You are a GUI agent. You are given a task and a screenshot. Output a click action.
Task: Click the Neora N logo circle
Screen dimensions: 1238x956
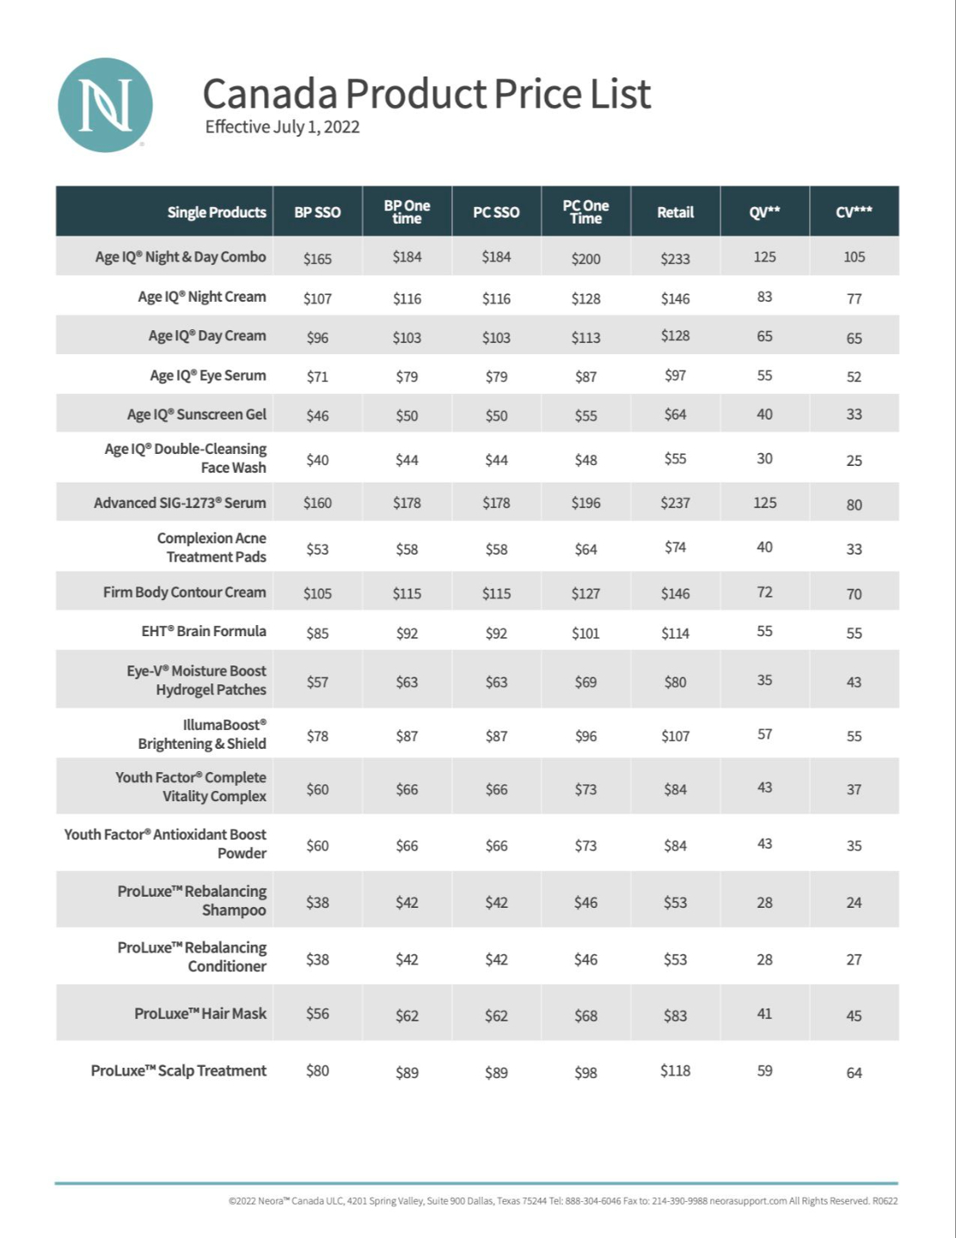(x=105, y=105)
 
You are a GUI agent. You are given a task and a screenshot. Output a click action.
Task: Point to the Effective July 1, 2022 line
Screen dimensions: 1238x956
(x=282, y=127)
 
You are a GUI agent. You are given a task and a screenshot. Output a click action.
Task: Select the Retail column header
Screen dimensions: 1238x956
(x=675, y=212)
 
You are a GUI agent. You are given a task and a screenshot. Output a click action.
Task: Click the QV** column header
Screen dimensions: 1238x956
(x=764, y=212)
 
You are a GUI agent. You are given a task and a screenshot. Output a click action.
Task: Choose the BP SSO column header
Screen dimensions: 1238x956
(x=317, y=212)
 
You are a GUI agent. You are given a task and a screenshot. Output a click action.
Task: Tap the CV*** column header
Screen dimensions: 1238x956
(x=854, y=212)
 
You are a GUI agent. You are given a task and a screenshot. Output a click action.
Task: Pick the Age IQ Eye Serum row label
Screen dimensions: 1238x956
(x=207, y=376)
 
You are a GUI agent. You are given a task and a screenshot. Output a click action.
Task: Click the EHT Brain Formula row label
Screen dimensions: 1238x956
(x=204, y=631)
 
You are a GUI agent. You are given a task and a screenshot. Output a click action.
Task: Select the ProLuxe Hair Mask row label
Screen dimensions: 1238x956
(x=199, y=1014)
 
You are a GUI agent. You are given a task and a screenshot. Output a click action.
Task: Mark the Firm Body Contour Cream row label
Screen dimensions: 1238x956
(x=184, y=592)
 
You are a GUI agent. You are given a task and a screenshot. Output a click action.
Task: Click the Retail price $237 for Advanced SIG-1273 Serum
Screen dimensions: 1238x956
(x=675, y=503)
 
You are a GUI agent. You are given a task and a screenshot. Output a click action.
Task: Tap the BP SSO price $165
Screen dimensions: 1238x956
(x=317, y=259)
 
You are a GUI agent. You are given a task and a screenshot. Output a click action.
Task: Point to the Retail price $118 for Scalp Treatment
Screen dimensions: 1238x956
(x=675, y=1070)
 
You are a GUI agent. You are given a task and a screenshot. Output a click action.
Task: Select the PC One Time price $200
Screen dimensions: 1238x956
(x=585, y=259)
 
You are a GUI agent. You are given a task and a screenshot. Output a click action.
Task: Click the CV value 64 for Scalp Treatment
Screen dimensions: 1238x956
(x=854, y=1073)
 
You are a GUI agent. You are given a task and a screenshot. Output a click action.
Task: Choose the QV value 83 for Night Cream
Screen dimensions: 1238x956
(x=764, y=297)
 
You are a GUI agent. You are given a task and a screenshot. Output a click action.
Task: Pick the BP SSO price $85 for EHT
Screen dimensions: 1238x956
(x=317, y=634)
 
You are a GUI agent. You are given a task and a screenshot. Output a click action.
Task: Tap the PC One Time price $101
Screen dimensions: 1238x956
(x=585, y=634)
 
